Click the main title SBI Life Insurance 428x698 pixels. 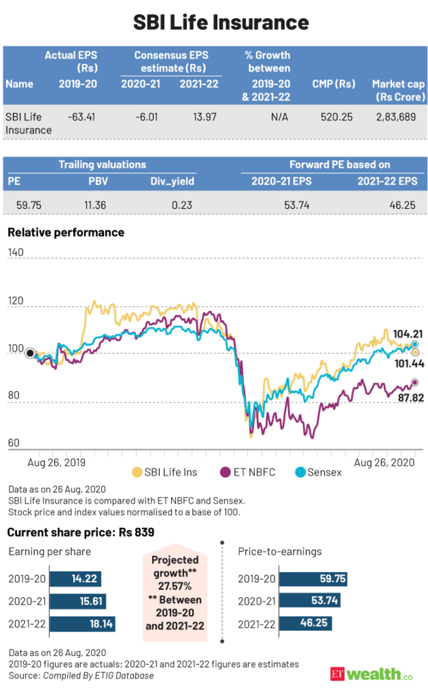click(214, 23)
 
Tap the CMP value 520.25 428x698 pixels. click(336, 116)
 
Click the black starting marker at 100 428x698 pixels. click(29, 352)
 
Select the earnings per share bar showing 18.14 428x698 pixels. click(82, 625)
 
